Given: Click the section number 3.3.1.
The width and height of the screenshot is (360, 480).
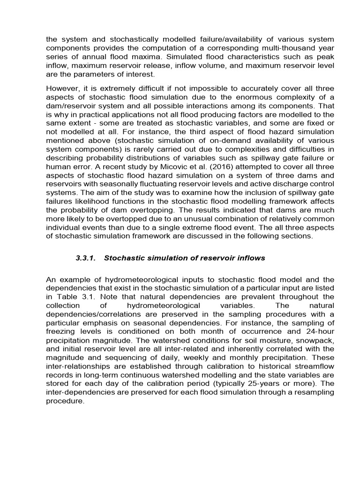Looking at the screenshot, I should (x=86, y=258).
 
